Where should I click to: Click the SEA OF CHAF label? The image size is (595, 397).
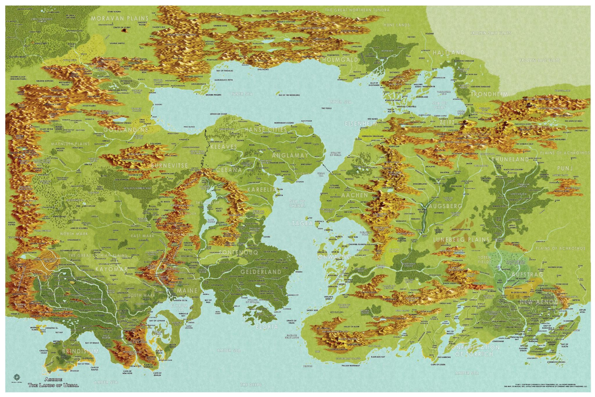[440, 105]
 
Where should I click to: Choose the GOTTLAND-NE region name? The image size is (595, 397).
[126, 130]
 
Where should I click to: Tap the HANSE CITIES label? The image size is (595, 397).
[266, 129]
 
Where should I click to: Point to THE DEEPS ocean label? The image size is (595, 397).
[249, 385]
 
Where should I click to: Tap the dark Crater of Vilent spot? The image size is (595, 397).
[126, 30]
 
